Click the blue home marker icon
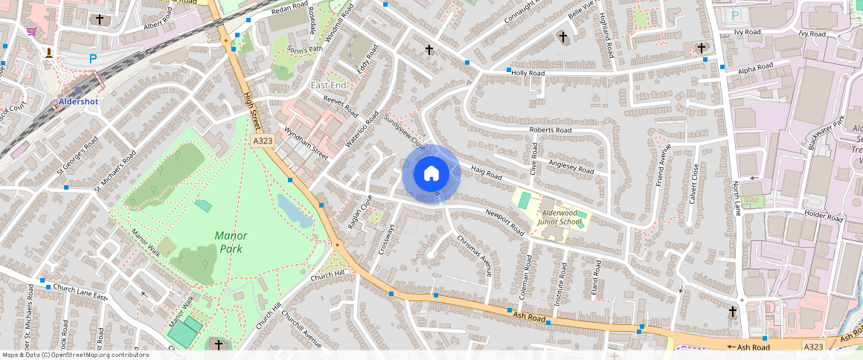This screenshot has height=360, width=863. tap(431, 173)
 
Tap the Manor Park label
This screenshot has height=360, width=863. tap(231, 242)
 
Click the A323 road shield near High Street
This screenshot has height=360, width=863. tap(261, 140)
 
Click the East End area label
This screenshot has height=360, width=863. tap(328, 86)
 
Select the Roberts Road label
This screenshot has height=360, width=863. tap(550, 130)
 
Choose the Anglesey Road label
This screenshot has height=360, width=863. tap(571, 167)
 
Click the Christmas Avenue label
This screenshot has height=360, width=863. tap(474, 255)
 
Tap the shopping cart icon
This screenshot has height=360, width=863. tap(31, 31)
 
